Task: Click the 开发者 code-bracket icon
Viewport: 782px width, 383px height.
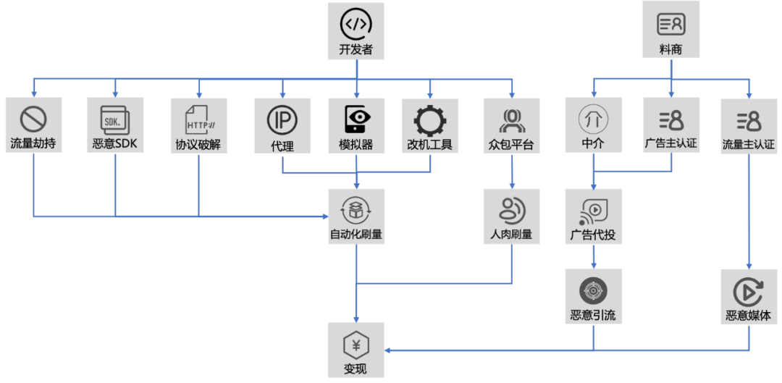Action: pyautogui.click(x=356, y=24)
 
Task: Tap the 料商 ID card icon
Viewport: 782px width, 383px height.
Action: pyautogui.click(x=670, y=24)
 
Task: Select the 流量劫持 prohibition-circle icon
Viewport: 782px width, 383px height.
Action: pyautogui.click(x=33, y=118)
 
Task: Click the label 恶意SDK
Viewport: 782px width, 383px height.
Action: pyautogui.click(x=115, y=144)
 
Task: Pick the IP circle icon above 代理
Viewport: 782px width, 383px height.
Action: pyautogui.click(x=282, y=119)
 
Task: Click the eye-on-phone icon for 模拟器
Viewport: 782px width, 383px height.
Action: pyautogui.click(x=356, y=118)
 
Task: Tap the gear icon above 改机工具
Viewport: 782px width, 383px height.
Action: pyautogui.click(x=430, y=119)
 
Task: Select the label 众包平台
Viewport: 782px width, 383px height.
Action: pyautogui.click(x=511, y=144)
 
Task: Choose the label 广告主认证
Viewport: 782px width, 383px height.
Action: pyautogui.click(x=671, y=143)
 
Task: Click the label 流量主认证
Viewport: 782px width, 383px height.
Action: pyautogui.click(x=749, y=144)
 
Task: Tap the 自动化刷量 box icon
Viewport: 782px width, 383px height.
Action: pyautogui.click(x=356, y=209)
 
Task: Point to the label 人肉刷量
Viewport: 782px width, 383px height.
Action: pyautogui.click(x=511, y=235)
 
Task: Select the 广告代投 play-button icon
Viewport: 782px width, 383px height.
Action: pyautogui.click(x=593, y=210)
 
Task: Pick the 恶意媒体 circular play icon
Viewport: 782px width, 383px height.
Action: pyautogui.click(x=749, y=291)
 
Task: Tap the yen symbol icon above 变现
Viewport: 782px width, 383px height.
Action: pyautogui.click(x=356, y=343)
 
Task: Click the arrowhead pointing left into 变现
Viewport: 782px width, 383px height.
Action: pyautogui.click(x=389, y=350)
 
